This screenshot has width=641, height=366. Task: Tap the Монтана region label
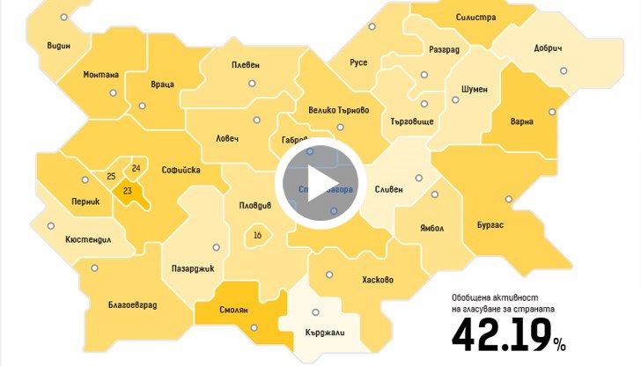(100, 74)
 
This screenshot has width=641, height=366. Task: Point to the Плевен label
(246, 65)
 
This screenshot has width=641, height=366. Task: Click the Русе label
(358, 62)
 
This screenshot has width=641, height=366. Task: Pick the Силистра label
(476, 18)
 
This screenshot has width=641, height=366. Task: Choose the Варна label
(522, 121)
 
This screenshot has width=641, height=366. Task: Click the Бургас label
(490, 225)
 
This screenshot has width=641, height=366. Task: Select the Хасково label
(378, 281)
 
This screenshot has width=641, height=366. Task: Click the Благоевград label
(133, 304)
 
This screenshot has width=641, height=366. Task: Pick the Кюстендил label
(89, 239)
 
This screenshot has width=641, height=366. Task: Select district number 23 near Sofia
(128, 191)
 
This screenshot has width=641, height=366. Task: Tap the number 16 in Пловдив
(257, 235)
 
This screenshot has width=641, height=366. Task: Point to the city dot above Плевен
(250, 84)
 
